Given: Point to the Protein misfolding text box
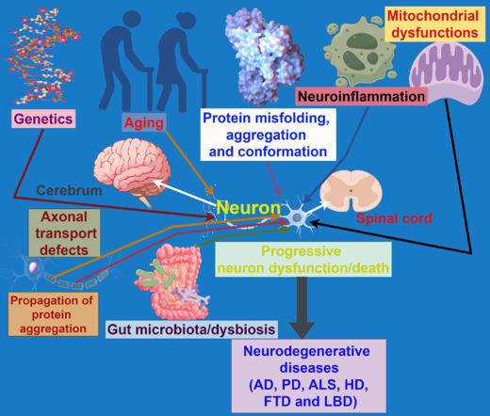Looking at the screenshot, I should [268, 134].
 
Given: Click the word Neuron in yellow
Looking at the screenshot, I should [248, 208].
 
